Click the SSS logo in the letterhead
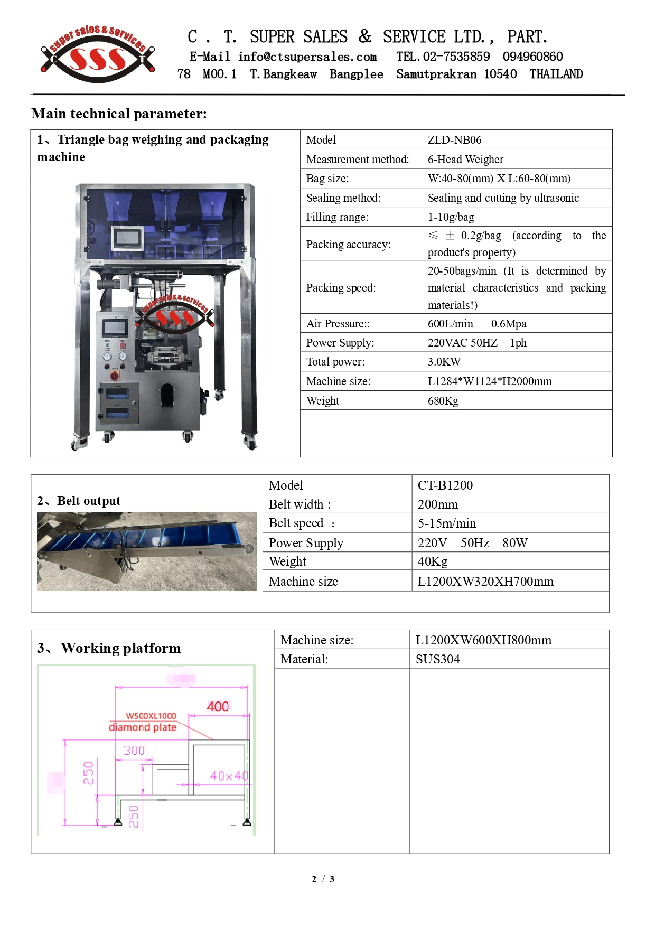point(98,54)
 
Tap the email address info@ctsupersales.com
point(307,57)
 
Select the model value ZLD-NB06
point(454,140)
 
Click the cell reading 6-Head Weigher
point(465,160)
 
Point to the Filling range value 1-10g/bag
point(451,217)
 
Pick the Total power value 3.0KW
point(444,362)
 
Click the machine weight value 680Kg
point(443,401)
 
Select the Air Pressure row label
point(338,324)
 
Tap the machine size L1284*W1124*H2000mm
point(490,381)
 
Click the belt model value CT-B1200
point(445,485)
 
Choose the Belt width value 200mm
point(437,504)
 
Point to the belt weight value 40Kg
point(432,561)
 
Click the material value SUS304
point(437,659)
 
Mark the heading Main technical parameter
point(119,114)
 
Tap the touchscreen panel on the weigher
point(127,237)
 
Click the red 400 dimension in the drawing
point(218,707)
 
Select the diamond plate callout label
point(143,727)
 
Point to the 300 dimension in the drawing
point(134,751)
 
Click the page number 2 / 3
point(323,879)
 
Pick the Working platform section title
point(120,648)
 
